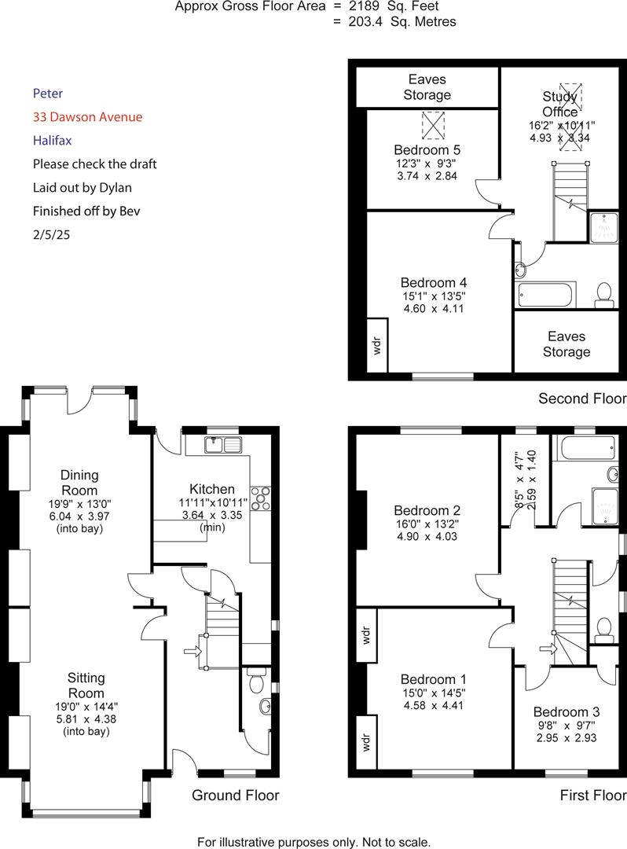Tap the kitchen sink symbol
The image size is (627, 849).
click(225, 445)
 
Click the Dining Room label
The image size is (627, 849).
click(80, 482)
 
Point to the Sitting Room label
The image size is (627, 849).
click(86, 685)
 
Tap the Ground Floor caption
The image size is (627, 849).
click(236, 796)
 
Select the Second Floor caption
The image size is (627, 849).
click(582, 399)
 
